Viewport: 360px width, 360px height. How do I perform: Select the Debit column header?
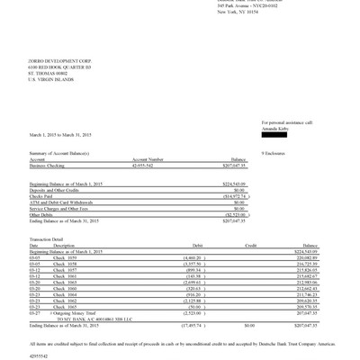[174, 244]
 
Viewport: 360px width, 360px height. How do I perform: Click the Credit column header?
[250, 244]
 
